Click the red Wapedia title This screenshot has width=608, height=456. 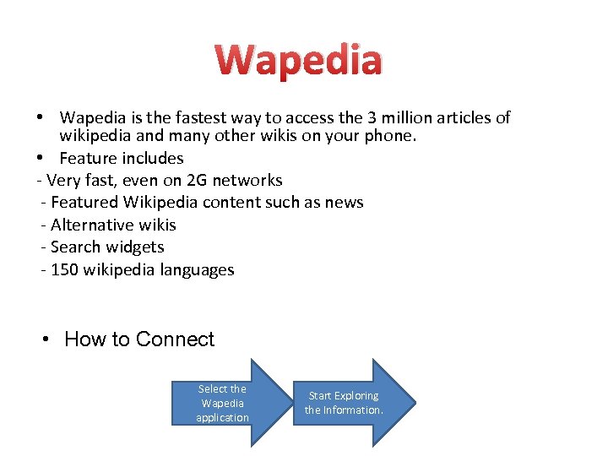[x=298, y=61]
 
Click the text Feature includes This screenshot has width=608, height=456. [x=121, y=158]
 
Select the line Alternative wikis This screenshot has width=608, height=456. [x=113, y=225]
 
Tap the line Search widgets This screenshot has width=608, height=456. [x=107, y=247]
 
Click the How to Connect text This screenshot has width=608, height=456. [x=139, y=339]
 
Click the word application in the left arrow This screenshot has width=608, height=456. [x=222, y=417]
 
